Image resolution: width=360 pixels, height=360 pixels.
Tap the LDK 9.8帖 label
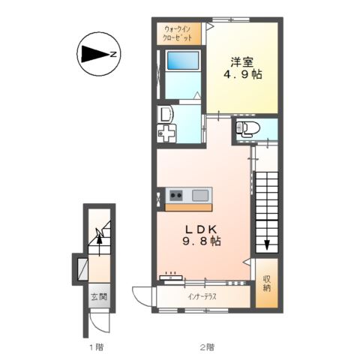pos(202,235)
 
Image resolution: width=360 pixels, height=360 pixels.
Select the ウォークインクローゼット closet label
pos(178,34)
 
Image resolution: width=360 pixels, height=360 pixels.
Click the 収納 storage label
pos(267,283)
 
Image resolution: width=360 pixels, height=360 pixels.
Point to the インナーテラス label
pos(202,297)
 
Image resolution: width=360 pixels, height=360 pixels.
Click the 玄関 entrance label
pos(99,296)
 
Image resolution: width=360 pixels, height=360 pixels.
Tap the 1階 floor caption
pos(96,347)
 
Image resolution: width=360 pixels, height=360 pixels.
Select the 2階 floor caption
pos(207,347)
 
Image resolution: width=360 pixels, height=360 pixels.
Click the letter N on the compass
pos(113,54)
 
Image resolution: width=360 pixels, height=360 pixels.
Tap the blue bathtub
pos(183,61)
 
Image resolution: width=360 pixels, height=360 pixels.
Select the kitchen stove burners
pos(176,195)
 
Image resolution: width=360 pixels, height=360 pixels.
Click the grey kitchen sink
pos(200,195)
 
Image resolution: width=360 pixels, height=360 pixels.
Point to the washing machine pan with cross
pos(166,134)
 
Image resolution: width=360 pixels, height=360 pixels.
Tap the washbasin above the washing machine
pos(165,114)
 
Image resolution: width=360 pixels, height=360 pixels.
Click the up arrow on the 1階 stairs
pos(99,241)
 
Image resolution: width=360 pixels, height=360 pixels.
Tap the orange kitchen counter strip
pos(188,208)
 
